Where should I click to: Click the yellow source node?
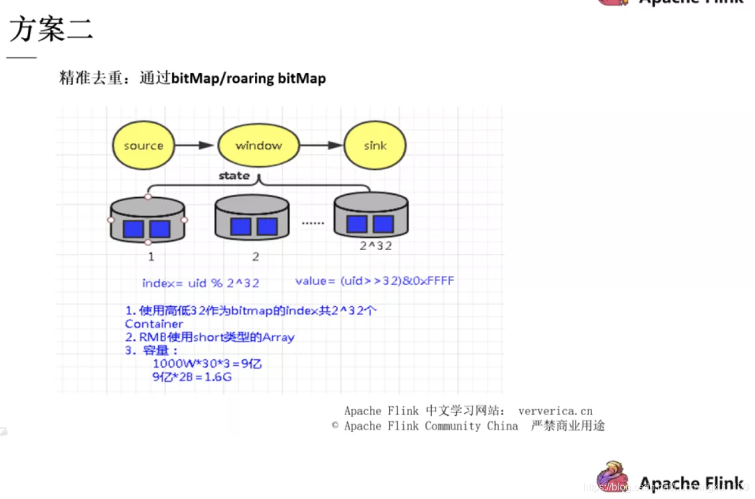pos(143,146)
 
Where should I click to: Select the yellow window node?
pos(259,146)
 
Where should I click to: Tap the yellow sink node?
pos(375,146)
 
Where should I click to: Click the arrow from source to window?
pos(194,146)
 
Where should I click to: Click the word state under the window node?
pos(234,176)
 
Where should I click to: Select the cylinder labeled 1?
pos(148,221)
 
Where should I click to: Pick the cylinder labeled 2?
pos(253,218)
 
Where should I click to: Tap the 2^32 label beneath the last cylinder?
pos(376,246)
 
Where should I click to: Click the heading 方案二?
pos(51,30)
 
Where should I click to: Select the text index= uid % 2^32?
pos(201,283)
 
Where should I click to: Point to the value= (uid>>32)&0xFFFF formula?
pos(374,281)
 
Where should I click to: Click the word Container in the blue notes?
pos(154,324)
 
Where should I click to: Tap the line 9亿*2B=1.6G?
pos(192,377)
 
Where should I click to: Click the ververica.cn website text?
pos(556,411)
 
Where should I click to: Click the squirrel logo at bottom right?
pos(613,477)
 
